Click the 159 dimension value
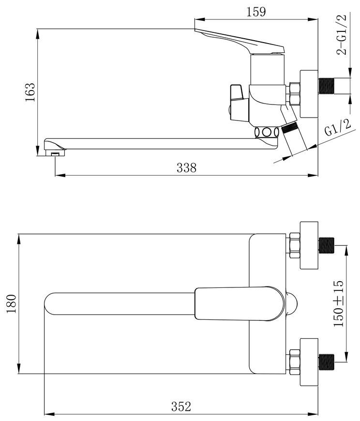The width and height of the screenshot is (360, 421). click(256, 12)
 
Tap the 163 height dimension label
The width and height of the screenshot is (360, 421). click(30, 92)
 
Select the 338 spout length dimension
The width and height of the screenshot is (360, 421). click(187, 167)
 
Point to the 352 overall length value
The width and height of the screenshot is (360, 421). click(181, 406)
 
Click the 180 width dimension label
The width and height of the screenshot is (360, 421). click(12, 304)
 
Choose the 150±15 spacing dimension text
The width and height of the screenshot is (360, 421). click(339, 303)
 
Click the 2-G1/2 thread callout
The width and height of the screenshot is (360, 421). click(342, 35)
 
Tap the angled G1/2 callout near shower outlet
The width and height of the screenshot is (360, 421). click(338, 128)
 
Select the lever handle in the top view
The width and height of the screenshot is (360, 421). click(239, 304)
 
